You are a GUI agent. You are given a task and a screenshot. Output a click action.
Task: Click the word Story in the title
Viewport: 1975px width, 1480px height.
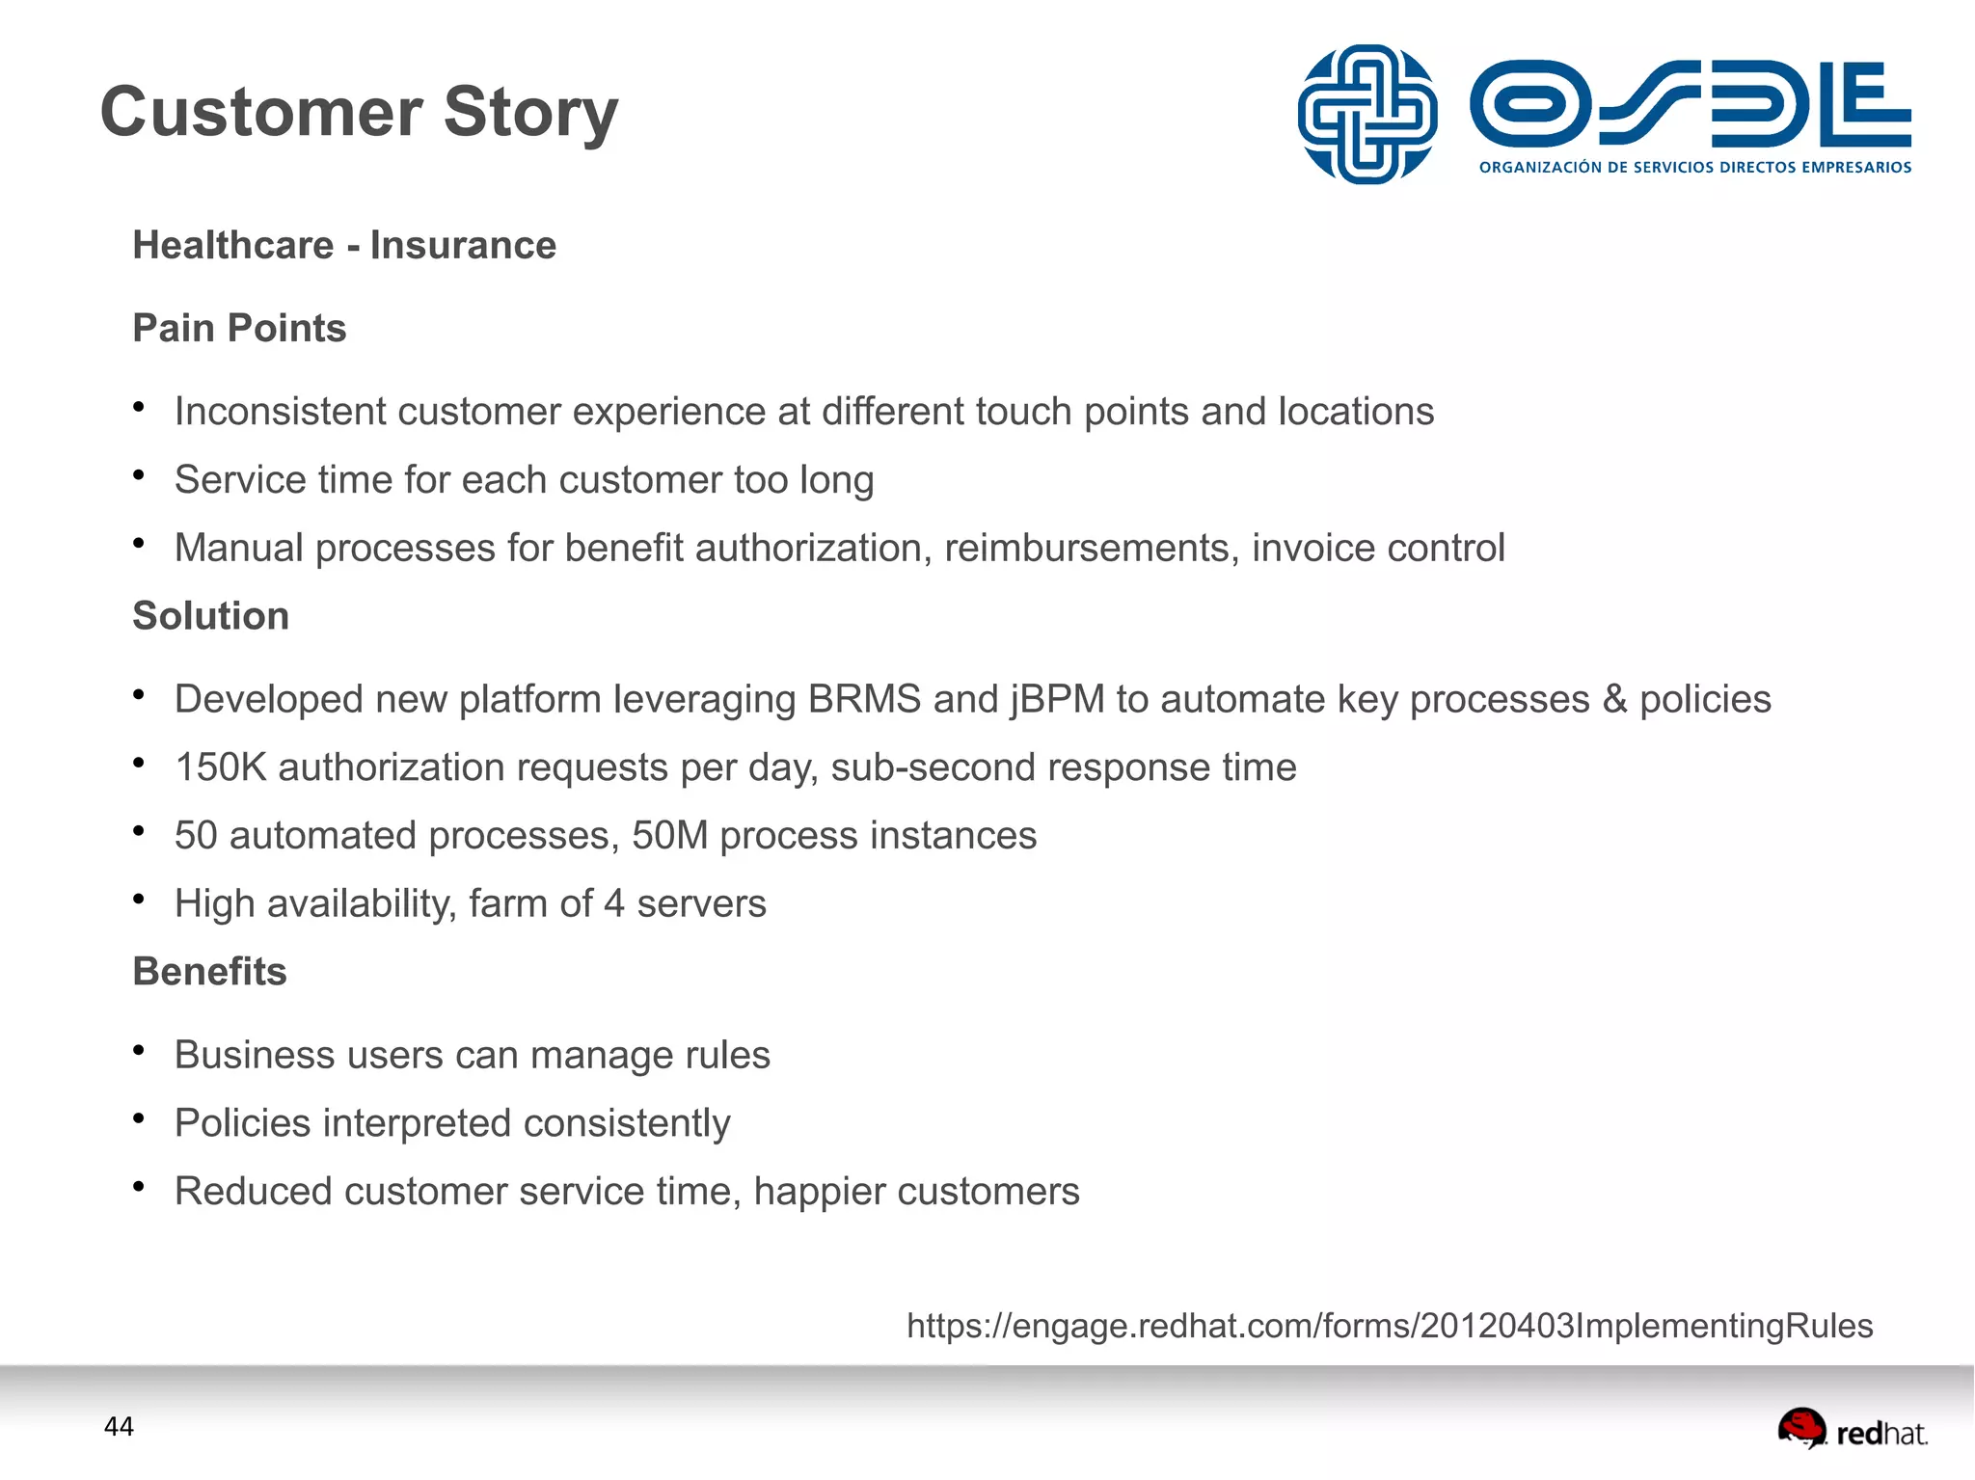coord(530,114)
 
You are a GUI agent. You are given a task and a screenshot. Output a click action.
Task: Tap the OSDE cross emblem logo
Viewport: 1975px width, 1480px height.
coord(1366,114)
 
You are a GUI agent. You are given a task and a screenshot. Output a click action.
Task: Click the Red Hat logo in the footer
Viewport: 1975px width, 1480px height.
coord(1852,1431)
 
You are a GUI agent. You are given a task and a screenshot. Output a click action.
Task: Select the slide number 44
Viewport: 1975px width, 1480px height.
coord(119,1427)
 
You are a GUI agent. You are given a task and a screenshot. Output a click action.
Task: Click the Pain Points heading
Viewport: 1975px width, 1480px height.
coord(239,328)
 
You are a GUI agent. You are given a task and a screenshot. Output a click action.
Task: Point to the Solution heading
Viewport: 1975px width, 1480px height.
coord(210,616)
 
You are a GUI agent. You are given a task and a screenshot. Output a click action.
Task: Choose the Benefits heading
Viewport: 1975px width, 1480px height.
coord(209,972)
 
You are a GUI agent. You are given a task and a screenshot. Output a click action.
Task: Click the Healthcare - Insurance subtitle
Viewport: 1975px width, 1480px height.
coord(344,245)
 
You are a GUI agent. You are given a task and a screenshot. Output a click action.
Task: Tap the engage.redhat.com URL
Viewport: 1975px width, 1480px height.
coord(1389,1326)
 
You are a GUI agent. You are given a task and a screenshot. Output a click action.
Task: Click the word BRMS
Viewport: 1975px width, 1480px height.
coord(864,699)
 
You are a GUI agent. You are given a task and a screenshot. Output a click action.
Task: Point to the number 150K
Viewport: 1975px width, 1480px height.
coord(220,767)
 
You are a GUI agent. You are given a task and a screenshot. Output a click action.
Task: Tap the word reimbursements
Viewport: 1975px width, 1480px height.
coord(1091,548)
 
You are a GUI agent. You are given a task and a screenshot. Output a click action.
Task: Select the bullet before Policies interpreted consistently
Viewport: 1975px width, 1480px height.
coord(139,1118)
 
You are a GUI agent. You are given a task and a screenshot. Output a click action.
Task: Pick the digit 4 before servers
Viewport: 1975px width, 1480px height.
coord(614,904)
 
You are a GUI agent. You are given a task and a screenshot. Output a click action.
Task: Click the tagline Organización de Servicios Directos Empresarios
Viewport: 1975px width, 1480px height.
coord(1694,168)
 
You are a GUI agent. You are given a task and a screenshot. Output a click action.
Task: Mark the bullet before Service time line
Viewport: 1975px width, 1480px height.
coord(139,475)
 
